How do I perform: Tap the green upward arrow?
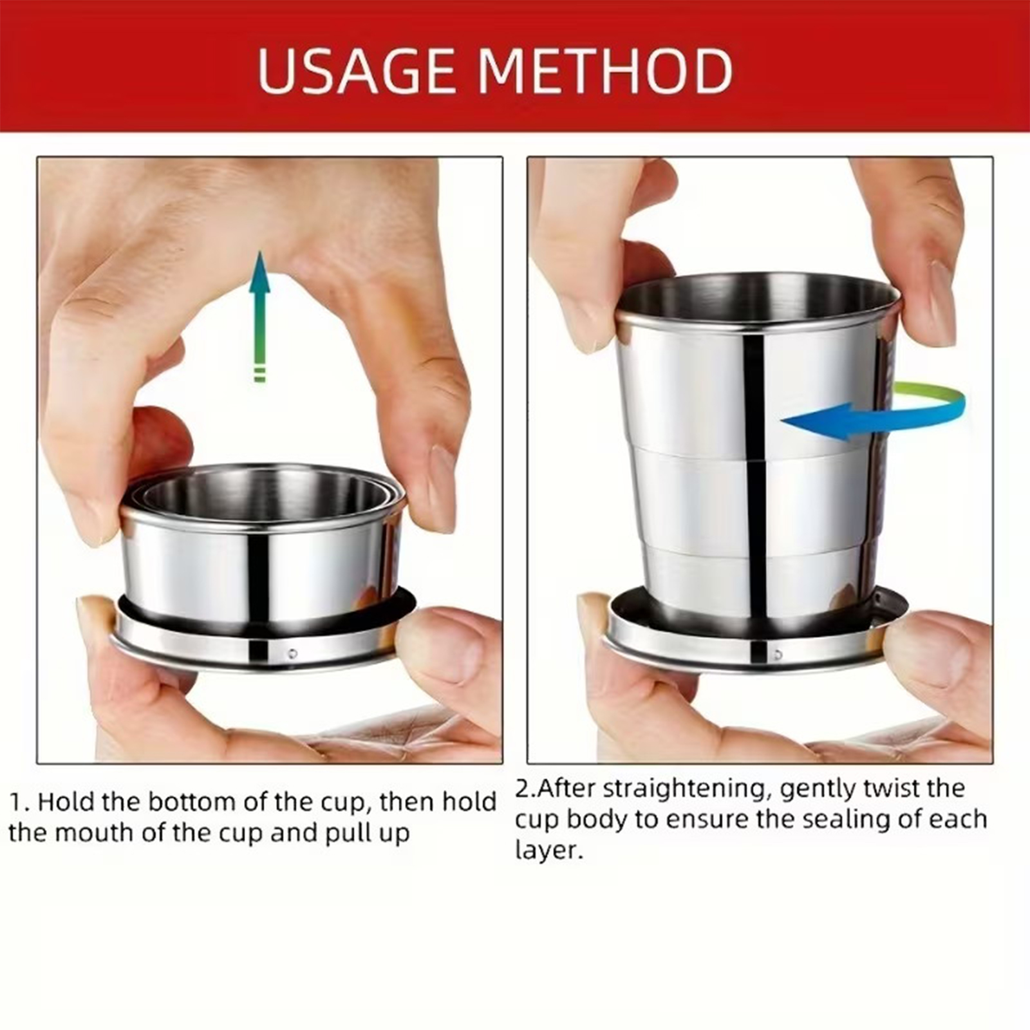(259, 316)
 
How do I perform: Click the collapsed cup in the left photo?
(264, 566)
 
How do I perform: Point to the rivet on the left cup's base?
(292, 653)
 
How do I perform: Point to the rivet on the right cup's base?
(778, 655)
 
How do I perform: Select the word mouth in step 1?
(97, 833)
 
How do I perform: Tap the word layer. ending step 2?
(548, 850)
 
